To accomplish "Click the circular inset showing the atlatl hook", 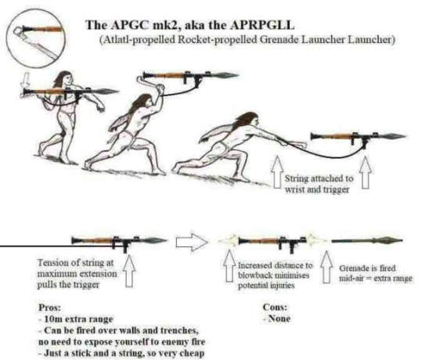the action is point(36,38).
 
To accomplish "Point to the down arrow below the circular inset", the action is point(25,80).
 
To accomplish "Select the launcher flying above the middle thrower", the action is point(190,76).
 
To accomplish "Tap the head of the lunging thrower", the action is point(248,120).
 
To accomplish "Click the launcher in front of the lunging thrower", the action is point(358,137).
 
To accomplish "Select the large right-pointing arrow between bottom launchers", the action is point(192,241).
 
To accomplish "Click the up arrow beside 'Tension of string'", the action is point(129,271).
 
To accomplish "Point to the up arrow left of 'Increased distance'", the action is point(229,266).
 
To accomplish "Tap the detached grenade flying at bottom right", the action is point(367,240).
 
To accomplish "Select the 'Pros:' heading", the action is point(50,308).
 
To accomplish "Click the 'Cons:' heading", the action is point(275,307).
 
